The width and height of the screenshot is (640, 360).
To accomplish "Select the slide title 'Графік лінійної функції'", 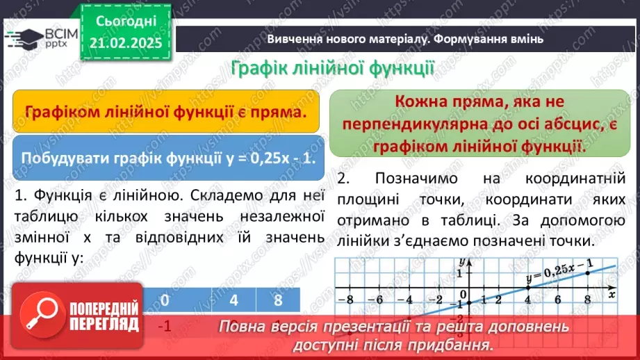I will coord(332,69).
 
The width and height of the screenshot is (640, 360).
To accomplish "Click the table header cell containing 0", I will coord(165,300).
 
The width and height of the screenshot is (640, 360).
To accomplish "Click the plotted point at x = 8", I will coord(587,272).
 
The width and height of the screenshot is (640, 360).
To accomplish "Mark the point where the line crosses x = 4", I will coord(527,288).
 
